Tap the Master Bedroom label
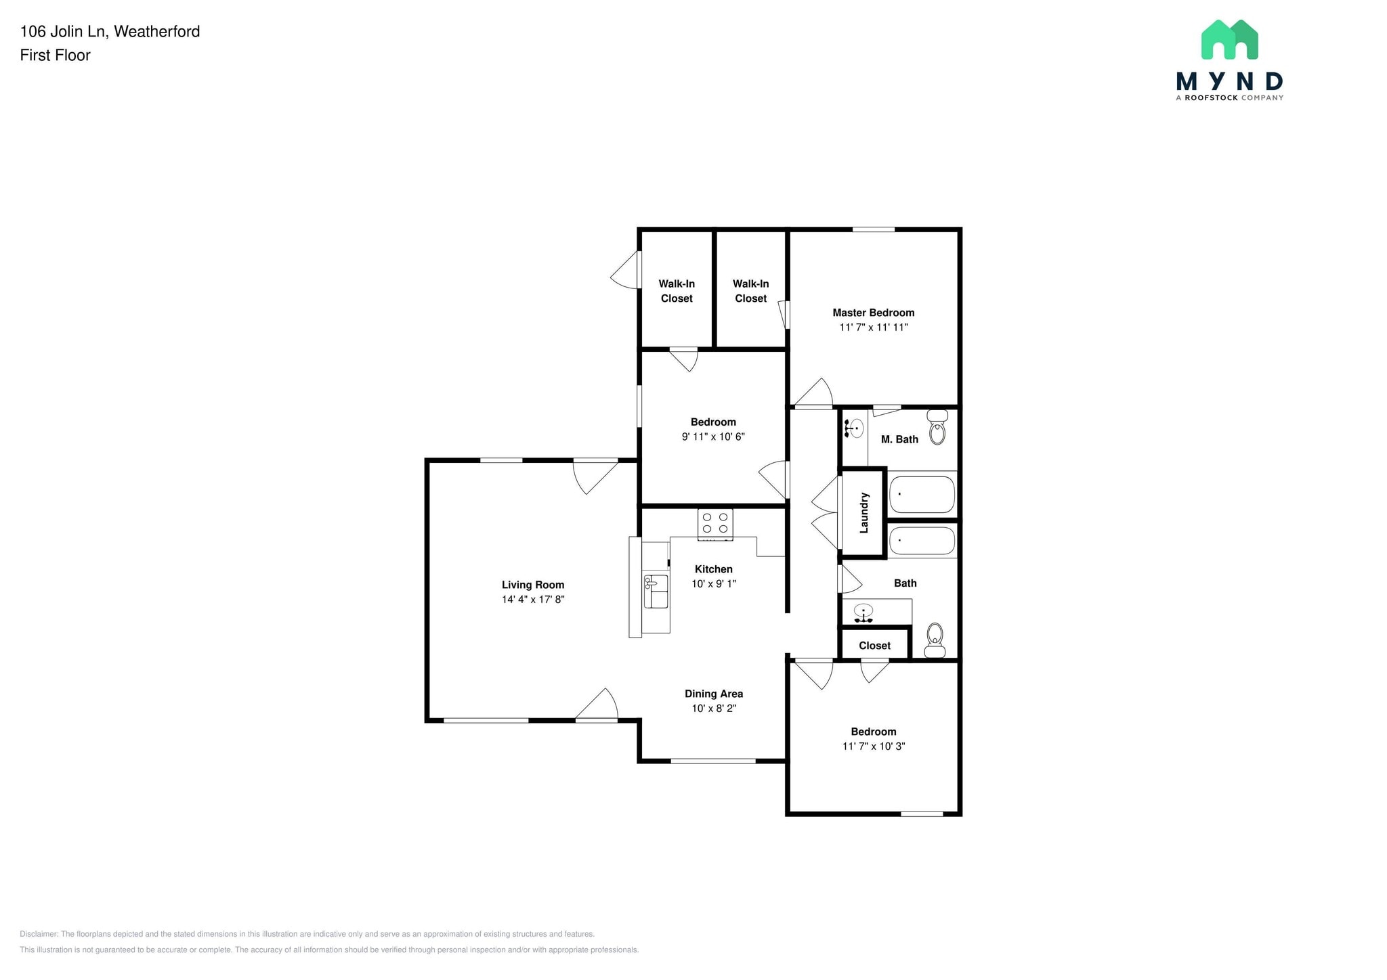[873, 313]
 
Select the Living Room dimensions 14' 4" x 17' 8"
[533, 600]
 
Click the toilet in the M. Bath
[937, 427]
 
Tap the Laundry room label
[863, 513]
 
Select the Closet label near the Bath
[874, 646]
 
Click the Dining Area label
[714, 694]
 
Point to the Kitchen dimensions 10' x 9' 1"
[714, 583]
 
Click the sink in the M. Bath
[855, 428]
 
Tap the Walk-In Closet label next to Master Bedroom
[750, 291]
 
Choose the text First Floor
[55, 55]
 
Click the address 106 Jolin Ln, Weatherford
[110, 31]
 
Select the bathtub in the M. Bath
[922, 495]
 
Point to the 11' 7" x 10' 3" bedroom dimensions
[874, 747]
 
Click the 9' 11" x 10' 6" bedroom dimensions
[713, 437]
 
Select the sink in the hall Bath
[863, 612]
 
